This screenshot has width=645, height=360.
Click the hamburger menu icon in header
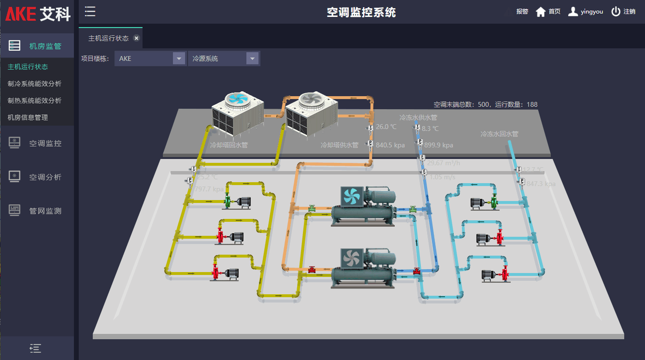point(90,12)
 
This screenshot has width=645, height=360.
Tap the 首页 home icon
point(541,12)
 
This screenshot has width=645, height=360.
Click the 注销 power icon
point(616,12)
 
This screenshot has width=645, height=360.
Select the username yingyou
point(591,12)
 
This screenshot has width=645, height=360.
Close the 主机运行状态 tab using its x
point(136,38)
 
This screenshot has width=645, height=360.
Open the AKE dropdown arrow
point(179,58)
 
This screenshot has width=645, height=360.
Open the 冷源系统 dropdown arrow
point(252,58)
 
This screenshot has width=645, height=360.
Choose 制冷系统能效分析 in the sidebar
point(34,84)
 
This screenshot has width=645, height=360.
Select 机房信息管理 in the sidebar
point(28,117)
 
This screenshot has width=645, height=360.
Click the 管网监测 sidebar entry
point(45,211)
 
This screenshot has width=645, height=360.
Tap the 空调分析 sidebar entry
point(45,177)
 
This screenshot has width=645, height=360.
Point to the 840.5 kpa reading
point(390,145)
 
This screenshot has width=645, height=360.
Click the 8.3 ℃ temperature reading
point(430,129)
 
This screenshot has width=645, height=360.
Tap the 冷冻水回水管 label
point(499,134)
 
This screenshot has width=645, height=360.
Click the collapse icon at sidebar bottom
point(35,348)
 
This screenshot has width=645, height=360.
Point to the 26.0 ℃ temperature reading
point(386,127)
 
